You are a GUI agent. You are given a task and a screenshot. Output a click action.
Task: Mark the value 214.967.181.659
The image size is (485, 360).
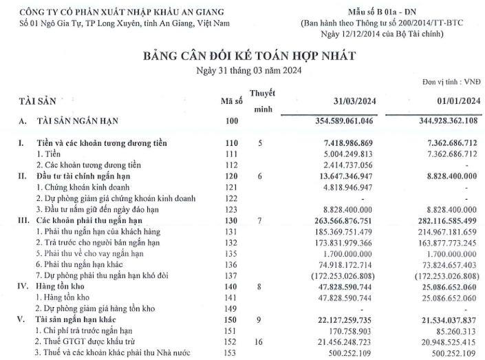coord(442,231)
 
